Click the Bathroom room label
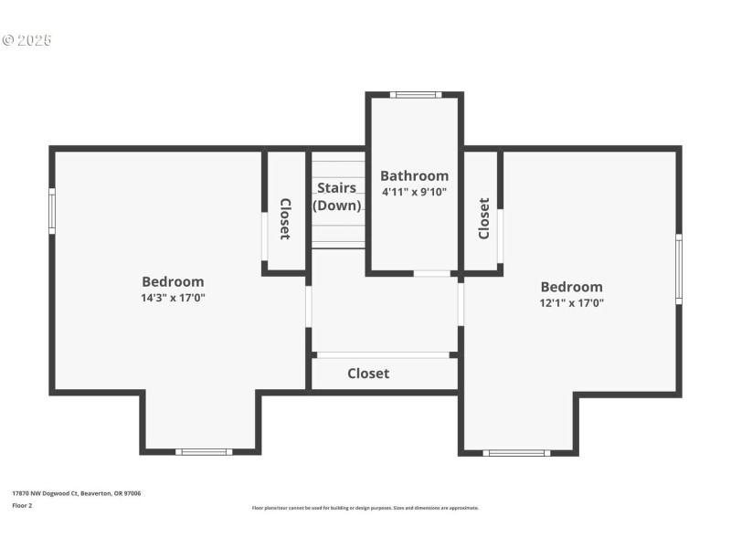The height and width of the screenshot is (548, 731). [414, 175]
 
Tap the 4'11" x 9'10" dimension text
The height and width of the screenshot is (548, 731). [414, 192]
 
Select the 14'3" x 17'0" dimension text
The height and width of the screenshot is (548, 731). [173, 298]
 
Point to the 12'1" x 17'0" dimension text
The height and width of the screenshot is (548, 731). [571, 302]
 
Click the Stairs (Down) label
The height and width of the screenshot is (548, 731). [337, 196]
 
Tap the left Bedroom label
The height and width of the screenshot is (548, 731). [173, 281]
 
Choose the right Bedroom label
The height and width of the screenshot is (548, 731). [571, 286]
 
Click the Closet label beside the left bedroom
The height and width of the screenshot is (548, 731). [285, 219]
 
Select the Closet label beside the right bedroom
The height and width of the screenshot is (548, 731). [483, 219]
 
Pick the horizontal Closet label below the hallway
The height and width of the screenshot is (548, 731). [368, 374]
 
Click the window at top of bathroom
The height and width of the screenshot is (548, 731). [416, 94]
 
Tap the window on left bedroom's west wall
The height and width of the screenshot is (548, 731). [52, 211]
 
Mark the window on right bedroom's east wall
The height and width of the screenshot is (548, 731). [679, 269]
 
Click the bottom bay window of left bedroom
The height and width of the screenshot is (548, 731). [203, 451]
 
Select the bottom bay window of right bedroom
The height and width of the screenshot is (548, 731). [516, 452]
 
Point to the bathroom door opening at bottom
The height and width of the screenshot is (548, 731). [432, 273]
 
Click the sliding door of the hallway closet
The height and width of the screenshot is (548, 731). [383, 354]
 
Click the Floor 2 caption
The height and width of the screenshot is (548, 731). [22, 505]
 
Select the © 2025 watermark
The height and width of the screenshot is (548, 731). [27, 40]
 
